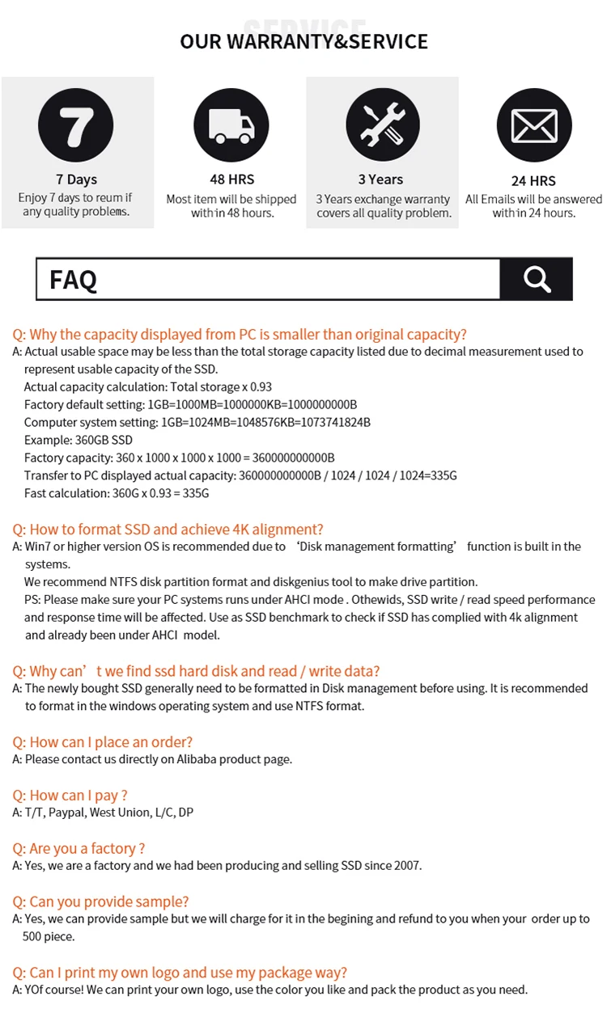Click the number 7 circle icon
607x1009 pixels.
(77, 125)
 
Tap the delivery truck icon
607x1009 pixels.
(231, 125)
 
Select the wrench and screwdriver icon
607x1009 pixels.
(383, 125)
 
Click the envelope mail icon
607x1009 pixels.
(533, 126)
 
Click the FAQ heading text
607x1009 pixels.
(73, 280)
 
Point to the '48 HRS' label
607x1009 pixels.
(231, 179)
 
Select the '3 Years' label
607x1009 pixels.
(380, 179)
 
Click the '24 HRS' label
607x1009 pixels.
(533, 181)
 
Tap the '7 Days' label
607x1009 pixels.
(76, 179)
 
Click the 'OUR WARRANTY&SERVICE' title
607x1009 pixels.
(303, 41)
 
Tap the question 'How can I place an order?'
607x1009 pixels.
(102, 742)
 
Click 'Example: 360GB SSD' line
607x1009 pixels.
(78, 440)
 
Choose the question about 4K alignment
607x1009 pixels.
(168, 530)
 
